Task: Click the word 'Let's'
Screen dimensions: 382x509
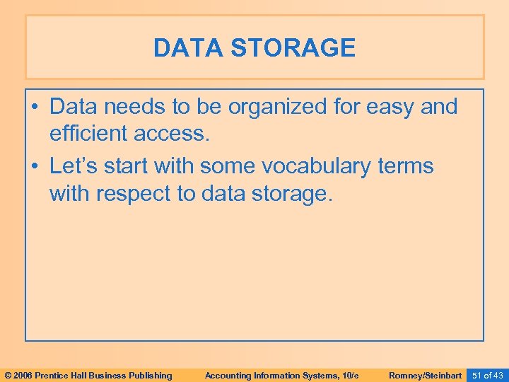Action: pos(74,167)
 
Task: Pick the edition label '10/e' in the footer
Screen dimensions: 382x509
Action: pos(350,375)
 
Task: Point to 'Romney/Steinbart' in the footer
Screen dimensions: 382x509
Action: pos(425,375)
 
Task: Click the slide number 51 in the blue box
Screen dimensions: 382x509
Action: pos(476,375)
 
